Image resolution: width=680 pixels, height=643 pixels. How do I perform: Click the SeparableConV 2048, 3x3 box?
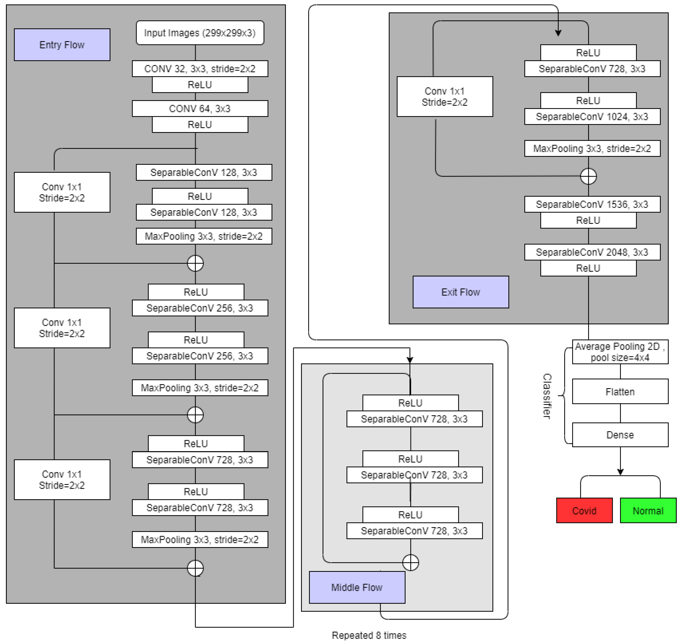[592, 252]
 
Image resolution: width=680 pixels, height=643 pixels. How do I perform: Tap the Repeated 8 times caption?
[369, 635]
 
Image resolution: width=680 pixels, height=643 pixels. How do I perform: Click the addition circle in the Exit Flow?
[588, 176]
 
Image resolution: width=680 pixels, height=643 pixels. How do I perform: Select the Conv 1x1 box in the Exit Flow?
[445, 97]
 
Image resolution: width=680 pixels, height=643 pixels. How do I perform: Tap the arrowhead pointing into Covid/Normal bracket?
[620, 472]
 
